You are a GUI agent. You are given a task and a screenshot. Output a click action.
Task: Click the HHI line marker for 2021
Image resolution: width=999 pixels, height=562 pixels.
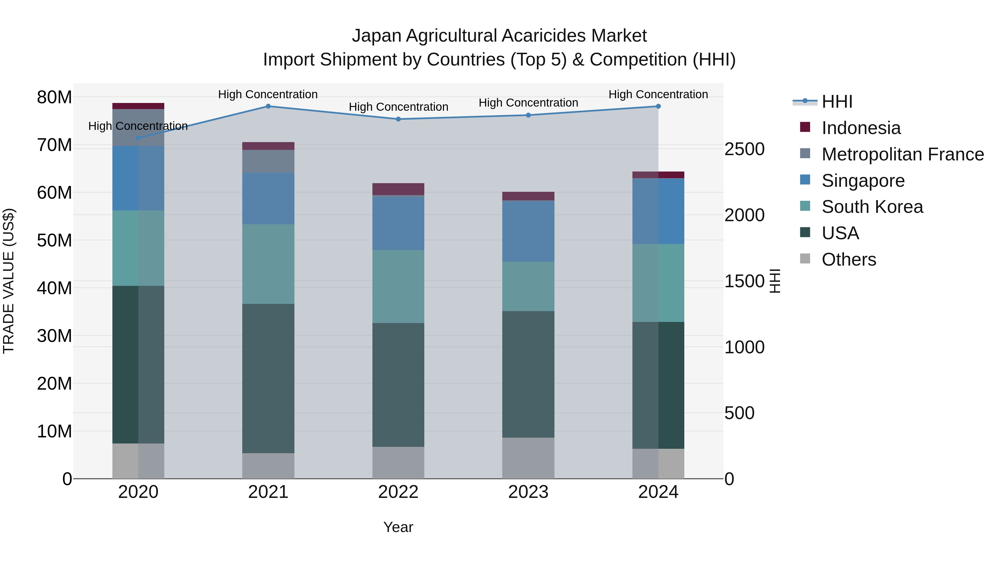coord(268,106)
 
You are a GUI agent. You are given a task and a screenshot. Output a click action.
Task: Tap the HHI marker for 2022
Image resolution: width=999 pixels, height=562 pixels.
coord(398,119)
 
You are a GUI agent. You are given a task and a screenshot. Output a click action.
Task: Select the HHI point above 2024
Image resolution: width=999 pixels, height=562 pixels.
coord(658,106)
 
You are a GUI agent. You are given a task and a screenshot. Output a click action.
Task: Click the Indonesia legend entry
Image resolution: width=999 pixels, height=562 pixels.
coord(861,128)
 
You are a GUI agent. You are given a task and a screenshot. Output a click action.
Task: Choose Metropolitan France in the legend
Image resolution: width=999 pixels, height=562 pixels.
coord(902,154)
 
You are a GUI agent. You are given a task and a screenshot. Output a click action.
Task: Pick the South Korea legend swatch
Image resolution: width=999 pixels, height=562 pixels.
coord(805,206)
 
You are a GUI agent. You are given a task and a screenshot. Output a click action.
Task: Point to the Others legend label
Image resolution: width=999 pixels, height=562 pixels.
coord(849,259)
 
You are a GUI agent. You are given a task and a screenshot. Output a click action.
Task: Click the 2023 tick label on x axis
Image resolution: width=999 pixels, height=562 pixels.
coord(528,492)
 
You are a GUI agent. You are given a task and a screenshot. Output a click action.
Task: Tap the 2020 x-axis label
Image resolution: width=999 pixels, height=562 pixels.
coord(138,492)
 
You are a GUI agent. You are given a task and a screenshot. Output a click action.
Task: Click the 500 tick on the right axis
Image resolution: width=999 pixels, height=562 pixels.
coord(739,413)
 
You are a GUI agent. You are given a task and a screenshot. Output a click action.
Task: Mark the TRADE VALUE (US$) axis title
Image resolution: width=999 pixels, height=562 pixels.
coord(9,281)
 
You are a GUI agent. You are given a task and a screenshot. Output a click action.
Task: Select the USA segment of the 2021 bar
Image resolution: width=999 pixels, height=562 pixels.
coord(268,378)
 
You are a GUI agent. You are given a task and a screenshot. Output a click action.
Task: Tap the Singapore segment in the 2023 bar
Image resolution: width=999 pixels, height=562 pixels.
coord(528,231)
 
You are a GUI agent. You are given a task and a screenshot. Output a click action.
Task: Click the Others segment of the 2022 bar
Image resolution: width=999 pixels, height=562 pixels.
coord(398,462)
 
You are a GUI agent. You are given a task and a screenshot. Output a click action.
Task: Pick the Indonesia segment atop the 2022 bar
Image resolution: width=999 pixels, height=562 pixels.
coord(398,189)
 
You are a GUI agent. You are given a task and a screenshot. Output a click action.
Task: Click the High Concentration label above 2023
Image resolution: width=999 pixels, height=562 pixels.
coord(528,103)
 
